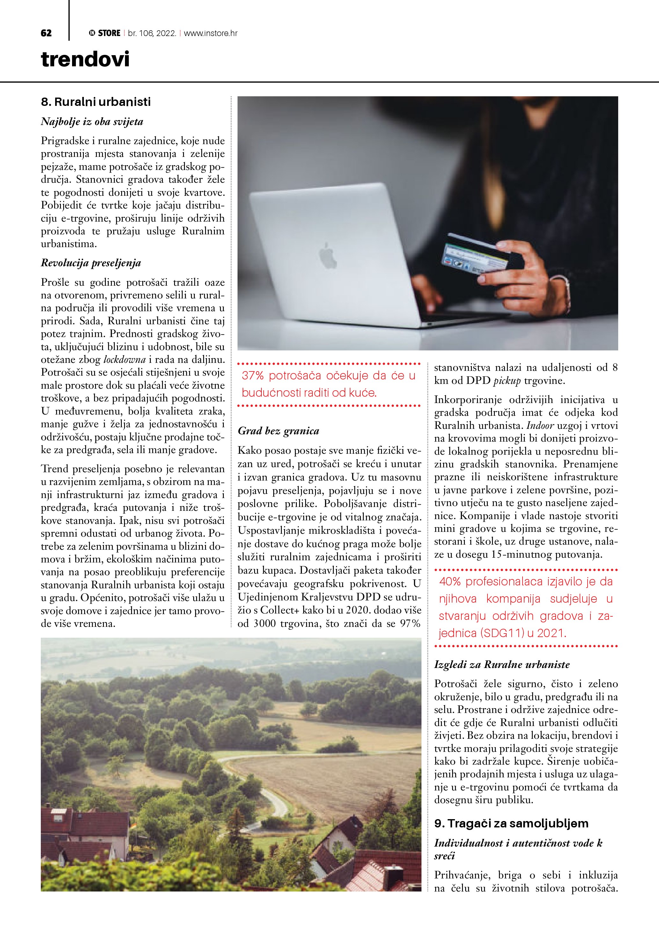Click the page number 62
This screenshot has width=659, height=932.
coord(46,33)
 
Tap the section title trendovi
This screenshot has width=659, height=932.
coord(85,59)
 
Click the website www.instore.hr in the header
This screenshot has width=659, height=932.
coord(211,33)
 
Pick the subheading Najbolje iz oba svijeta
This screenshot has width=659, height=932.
coord(92,122)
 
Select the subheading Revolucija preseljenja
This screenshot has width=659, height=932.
coord(91,263)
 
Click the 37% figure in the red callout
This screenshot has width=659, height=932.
coord(253,376)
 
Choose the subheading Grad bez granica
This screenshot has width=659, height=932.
coord(278,431)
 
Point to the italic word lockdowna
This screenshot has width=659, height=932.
coord(125,360)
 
